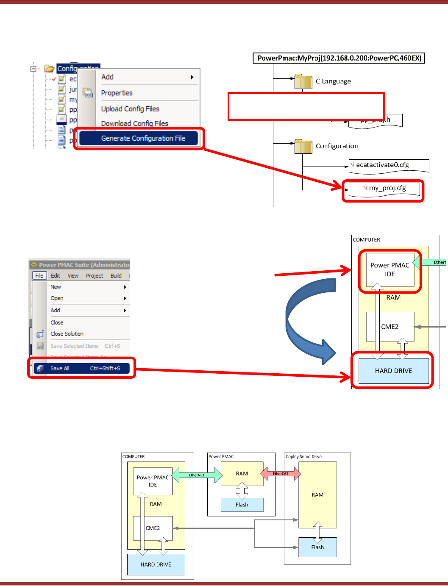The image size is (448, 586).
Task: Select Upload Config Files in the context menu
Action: pyautogui.click(x=130, y=109)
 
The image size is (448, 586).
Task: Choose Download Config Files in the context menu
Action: pyautogui.click(x=134, y=124)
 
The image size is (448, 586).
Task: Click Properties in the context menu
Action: pyautogui.click(x=117, y=93)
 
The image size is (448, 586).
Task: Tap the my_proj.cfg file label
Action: pyautogui.click(x=387, y=188)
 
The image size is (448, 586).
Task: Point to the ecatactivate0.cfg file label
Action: pyautogui.click(x=382, y=165)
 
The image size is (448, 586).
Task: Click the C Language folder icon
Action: pyautogui.click(x=303, y=81)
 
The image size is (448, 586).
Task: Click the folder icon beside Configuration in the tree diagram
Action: pyautogui.click(x=303, y=146)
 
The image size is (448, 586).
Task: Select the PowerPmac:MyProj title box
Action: pyautogui.click(x=339, y=58)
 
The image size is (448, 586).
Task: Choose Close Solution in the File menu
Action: pyautogui.click(x=67, y=334)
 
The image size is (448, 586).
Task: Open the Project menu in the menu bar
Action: pyautogui.click(x=95, y=276)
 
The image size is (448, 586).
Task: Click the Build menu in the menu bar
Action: pyautogui.click(x=116, y=276)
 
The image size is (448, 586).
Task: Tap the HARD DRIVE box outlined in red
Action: pyautogui.click(x=393, y=371)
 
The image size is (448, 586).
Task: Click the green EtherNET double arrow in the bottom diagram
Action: pyautogui.click(x=197, y=475)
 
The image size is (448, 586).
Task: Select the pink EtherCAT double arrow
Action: pyautogui.click(x=280, y=473)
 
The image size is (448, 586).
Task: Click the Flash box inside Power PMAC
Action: pyautogui.click(x=242, y=505)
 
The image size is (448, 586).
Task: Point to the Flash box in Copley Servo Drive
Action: pyautogui.click(x=317, y=547)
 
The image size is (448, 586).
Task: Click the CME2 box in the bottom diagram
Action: pyautogui.click(x=153, y=528)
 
